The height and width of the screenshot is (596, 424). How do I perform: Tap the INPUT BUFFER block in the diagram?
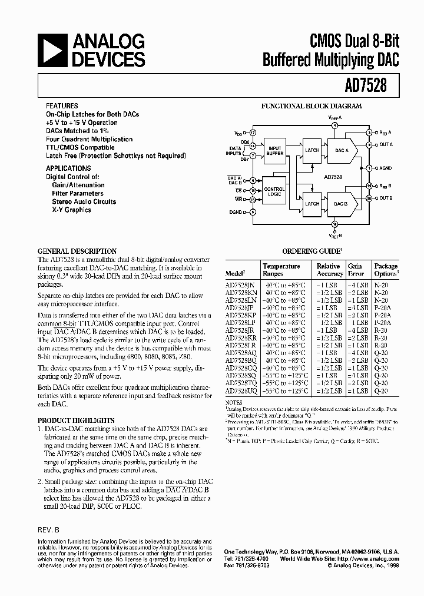tap(276, 151)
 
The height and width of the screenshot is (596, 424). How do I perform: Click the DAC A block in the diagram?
tap(342, 151)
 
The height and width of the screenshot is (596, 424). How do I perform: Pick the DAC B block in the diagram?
tap(341, 203)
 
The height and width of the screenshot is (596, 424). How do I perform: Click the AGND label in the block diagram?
tap(386, 168)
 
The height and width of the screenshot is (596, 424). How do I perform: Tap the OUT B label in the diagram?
tap(386, 198)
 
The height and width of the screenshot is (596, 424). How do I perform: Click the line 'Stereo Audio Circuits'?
tap(84, 201)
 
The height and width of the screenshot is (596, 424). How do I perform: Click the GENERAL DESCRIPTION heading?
tap(77, 251)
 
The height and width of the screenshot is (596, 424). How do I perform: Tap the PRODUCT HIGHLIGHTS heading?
tap(76, 420)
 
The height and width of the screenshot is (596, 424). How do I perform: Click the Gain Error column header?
tap(355, 270)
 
